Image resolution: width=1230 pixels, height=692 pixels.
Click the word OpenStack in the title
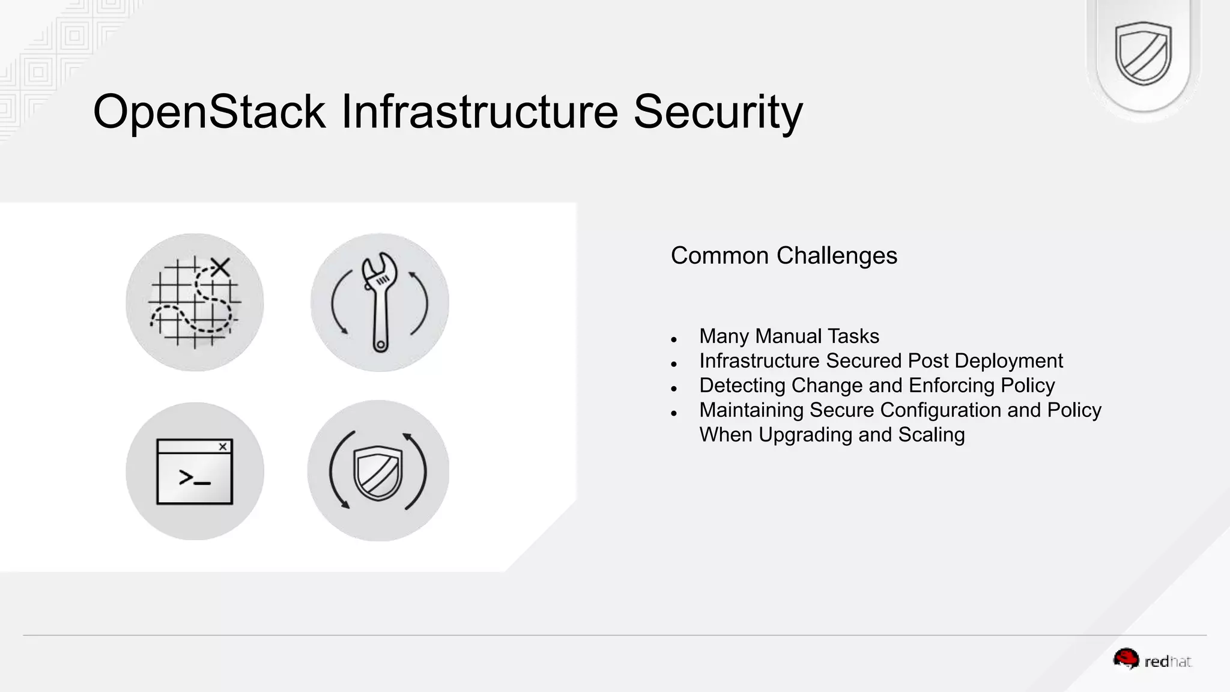(209, 112)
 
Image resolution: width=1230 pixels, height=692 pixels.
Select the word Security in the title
(718, 112)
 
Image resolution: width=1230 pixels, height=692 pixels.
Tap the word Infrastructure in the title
(479, 112)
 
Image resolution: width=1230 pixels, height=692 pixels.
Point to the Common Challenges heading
(784, 256)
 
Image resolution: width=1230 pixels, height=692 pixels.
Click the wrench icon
(379, 302)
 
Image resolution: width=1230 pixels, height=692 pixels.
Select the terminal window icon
(195, 472)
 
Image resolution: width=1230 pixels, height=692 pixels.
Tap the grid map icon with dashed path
(194, 302)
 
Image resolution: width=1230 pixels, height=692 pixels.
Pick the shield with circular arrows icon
(378, 471)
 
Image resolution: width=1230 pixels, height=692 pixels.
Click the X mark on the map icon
(220, 267)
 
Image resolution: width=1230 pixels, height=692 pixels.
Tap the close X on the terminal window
(223, 446)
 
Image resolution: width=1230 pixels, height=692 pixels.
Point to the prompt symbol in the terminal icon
(194, 478)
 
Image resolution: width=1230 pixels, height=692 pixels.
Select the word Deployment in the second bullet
(1008, 361)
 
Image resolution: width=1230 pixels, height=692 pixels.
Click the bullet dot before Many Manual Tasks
(674, 340)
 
